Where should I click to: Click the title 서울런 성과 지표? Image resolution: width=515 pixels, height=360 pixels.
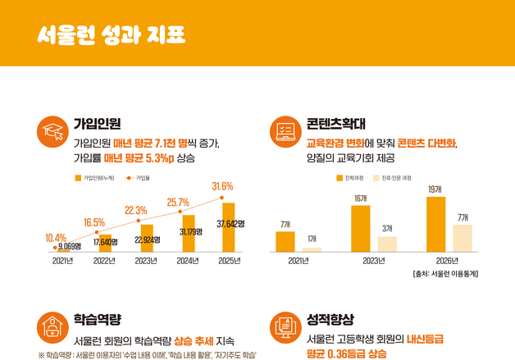pyautogui.click(x=111, y=35)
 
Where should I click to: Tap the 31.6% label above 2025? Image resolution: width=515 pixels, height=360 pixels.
pyautogui.click(x=222, y=186)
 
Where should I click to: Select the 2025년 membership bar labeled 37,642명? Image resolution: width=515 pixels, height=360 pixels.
pyautogui.click(x=228, y=227)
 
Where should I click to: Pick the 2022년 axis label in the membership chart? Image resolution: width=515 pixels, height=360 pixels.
pyautogui.click(x=105, y=262)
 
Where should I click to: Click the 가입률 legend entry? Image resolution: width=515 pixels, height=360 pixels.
pyautogui.click(x=139, y=176)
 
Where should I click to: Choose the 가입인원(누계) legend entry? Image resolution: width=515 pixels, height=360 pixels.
pyautogui.click(x=95, y=176)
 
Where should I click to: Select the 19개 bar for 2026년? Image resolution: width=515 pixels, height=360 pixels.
pyautogui.click(x=435, y=224)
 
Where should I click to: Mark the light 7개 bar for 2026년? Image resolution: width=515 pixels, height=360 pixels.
pyautogui.click(x=463, y=238)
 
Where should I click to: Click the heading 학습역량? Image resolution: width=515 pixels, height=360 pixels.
pyautogui.click(x=97, y=318)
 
